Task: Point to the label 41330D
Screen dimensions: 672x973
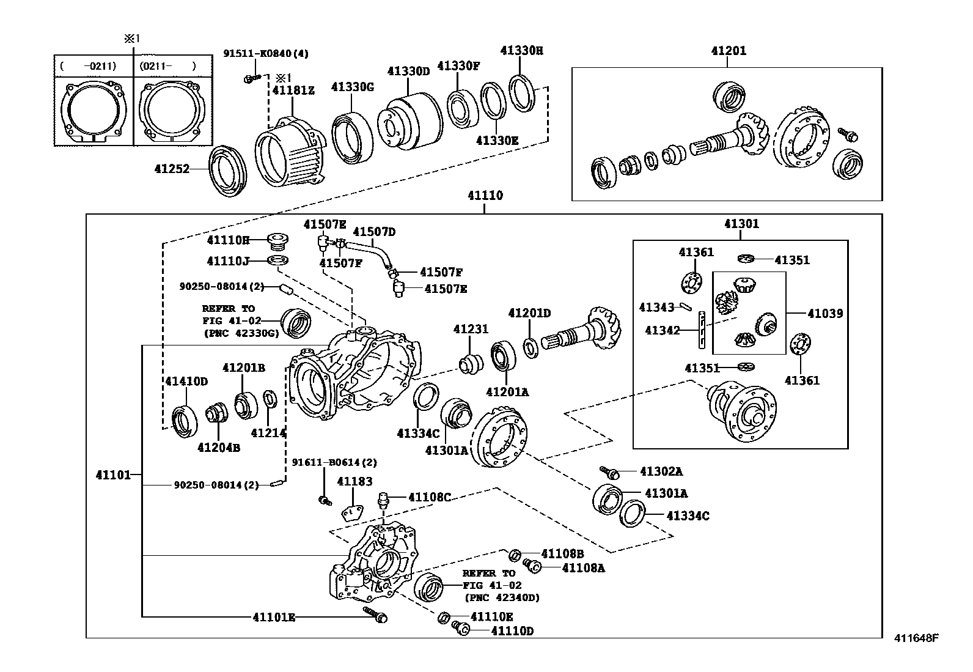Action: pos(408,72)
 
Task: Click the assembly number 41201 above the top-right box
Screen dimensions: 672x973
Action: pos(728,51)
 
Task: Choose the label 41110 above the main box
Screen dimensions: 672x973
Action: pos(485,196)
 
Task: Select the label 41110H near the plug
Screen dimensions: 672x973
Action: pos(228,240)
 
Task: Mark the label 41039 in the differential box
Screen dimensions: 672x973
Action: pos(824,314)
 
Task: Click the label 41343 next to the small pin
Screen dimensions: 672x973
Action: pos(656,307)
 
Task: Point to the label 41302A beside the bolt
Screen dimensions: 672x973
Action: pos(661,471)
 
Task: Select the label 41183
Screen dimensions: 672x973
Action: pos(354,481)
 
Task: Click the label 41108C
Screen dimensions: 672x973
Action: pos(429,497)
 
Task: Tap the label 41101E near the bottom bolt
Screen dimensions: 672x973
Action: pos(273,618)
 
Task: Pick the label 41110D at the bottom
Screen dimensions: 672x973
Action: pos(512,631)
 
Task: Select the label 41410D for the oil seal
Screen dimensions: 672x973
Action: pos(186,382)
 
